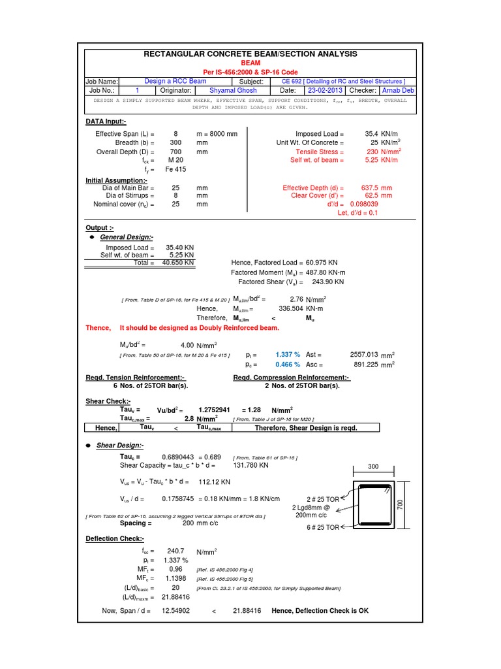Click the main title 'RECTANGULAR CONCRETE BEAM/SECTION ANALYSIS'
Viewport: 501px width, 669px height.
[x=250, y=54]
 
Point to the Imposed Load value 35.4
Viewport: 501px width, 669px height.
[x=372, y=133]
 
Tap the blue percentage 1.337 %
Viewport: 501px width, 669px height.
[x=288, y=353]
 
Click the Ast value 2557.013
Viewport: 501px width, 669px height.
[x=364, y=353]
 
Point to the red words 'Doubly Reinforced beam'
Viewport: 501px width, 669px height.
[x=234, y=327]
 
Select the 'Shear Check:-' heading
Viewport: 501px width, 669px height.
[x=108, y=400]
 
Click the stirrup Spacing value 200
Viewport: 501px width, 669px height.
[x=188, y=523]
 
